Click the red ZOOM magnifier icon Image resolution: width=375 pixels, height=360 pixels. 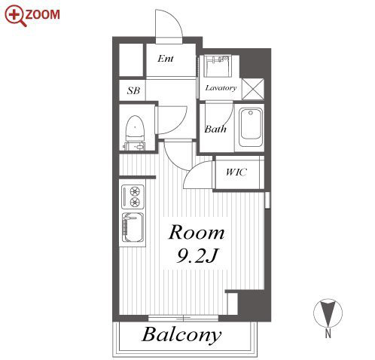[16, 16]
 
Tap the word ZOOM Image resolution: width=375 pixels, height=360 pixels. [42, 14]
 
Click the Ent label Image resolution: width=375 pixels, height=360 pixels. [166, 59]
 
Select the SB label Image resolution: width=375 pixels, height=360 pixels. [133, 90]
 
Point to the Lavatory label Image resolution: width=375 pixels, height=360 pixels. [221, 88]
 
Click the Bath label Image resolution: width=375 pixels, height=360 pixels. [215, 129]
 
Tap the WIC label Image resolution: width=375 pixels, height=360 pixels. [236, 172]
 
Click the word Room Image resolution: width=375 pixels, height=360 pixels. [197, 233]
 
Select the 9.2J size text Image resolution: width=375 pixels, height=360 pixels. [197, 256]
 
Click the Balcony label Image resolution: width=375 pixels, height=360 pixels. [181, 335]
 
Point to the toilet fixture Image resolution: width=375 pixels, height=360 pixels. [135, 133]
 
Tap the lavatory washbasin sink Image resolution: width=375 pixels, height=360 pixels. [217, 66]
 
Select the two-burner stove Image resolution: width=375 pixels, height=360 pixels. [133, 197]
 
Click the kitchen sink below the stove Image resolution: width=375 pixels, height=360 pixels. [133, 227]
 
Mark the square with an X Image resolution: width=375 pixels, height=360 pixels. [253, 89]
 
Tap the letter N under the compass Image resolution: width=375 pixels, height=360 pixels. [328, 334]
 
